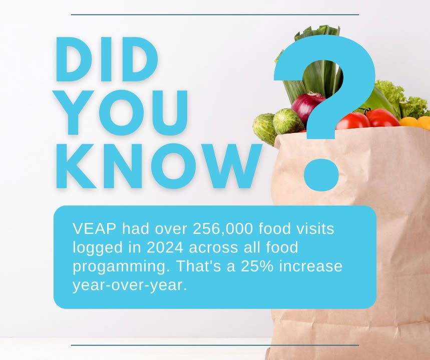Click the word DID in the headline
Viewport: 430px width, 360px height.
tap(107, 59)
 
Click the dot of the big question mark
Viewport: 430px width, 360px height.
tap(321, 174)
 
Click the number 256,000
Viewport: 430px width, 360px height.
tap(223, 229)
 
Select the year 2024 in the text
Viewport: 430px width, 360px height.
tap(165, 247)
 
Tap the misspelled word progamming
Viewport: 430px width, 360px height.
tap(119, 267)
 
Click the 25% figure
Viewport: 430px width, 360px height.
tap(257, 266)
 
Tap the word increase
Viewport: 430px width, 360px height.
tap(311, 266)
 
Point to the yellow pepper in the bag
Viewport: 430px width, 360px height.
tap(414, 121)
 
